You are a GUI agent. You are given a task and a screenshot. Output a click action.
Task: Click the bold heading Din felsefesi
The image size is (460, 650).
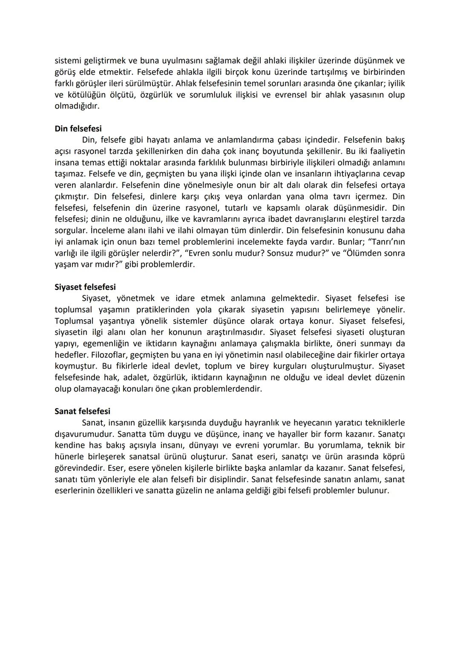click(x=78, y=129)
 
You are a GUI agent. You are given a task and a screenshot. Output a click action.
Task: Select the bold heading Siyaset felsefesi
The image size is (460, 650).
click(x=85, y=287)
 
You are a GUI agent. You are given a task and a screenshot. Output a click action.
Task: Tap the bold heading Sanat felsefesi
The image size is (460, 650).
click(x=82, y=411)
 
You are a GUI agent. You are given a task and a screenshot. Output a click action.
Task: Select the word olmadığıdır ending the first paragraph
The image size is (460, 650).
click(x=77, y=106)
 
